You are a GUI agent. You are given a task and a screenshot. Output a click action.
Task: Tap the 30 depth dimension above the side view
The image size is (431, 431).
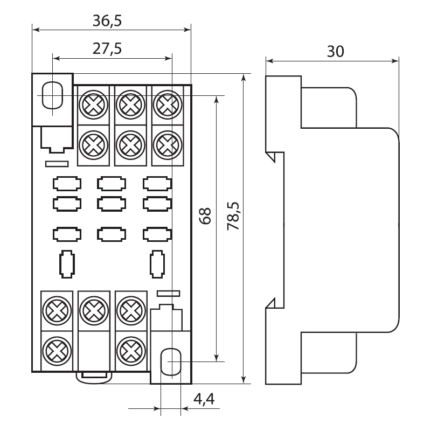[x=335, y=51]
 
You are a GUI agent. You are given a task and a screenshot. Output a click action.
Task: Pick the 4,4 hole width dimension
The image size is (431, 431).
[x=204, y=399]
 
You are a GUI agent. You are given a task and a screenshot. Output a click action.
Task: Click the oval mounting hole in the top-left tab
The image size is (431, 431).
[x=52, y=95]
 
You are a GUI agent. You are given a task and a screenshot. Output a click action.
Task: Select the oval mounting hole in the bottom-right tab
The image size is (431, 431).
[x=171, y=360]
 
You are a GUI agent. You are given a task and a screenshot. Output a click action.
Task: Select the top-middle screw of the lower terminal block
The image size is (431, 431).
[x=92, y=310]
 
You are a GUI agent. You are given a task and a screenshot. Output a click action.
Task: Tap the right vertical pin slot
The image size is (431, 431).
[x=157, y=264]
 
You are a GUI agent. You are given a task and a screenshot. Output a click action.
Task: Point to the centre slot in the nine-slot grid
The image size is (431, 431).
[x=112, y=203]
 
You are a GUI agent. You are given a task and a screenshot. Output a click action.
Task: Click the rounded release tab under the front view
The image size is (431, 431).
[x=95, y=376]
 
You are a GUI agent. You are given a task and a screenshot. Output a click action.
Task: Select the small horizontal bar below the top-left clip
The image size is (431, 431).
[x=56, y=162]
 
